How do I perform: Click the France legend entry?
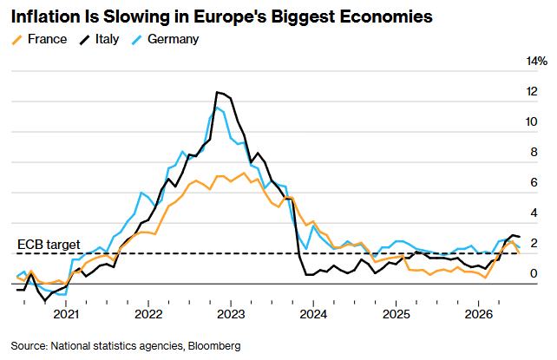coord(39,39)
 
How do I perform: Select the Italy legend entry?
coord(99,39)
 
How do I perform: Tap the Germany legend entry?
coord(165,39)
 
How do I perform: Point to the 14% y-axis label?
coord(537,61)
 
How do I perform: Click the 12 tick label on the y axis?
coord(532,92)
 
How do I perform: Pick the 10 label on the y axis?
coord(532,121)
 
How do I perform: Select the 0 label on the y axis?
coord(534,273)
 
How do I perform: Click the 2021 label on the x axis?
coord(66,314)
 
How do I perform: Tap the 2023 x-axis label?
coord(231,314)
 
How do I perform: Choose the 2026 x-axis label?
coord(479,314)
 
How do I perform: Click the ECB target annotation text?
coord(49,245)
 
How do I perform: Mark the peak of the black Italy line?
coord(217,92)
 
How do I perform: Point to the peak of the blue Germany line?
coord(217,108)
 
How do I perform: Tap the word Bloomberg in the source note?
coord(214,345)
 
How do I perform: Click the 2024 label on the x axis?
coord(313,314)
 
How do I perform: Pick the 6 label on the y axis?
coord(534,182)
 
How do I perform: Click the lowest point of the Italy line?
coord(45,301)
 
